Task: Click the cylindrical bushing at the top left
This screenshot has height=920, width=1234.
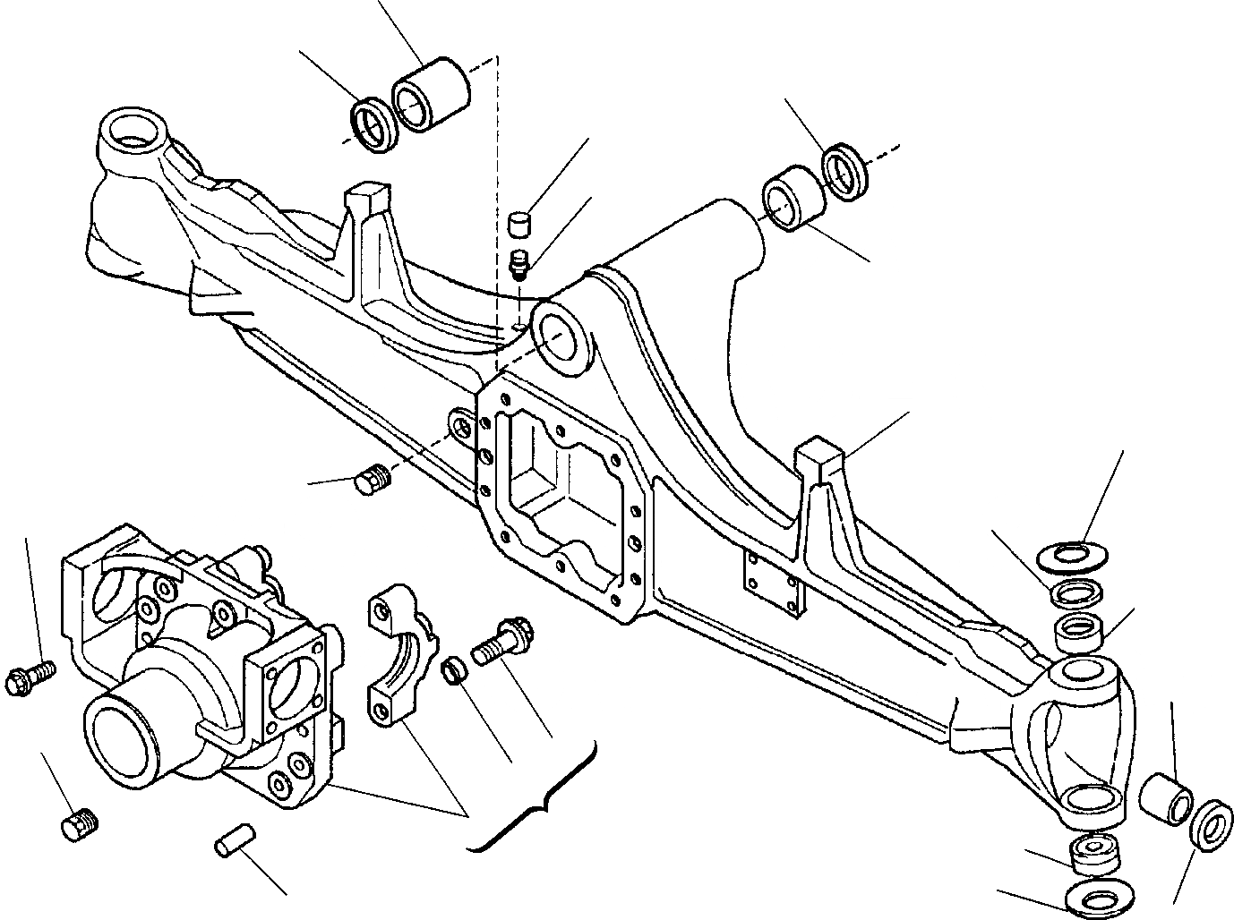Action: [x=430, y=95]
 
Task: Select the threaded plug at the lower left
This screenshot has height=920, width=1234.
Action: [x=80, y=824]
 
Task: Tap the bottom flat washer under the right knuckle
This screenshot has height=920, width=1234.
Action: [x=1093, y=899]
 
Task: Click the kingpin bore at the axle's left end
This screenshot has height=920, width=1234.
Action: [x=129, y=132]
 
